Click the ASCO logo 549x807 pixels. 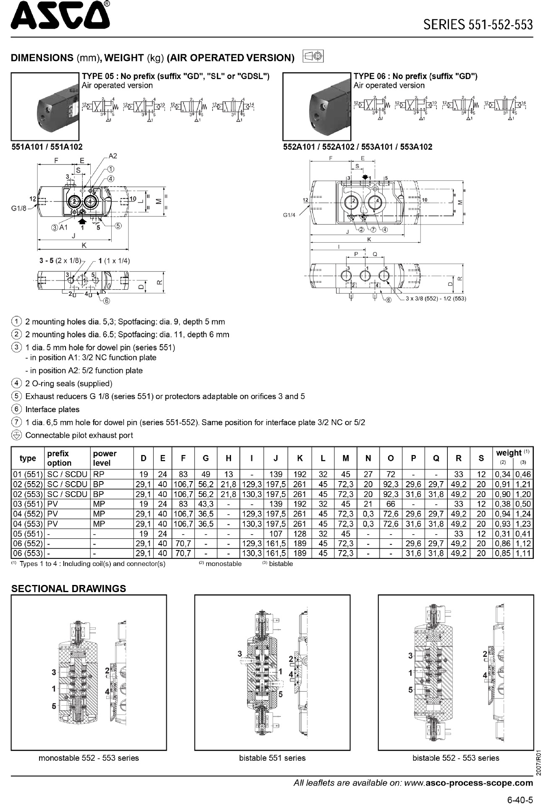(60, 17)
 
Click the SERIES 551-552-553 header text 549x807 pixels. (478, 24)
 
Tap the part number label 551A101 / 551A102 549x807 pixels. (47, 147)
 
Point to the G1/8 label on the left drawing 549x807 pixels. (18, 208)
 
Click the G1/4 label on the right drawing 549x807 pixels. (289, 215)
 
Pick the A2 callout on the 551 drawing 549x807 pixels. (113, 156)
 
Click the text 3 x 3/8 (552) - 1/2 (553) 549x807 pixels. (436, 299)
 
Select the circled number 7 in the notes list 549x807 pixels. (16, 422)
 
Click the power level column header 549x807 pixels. (105, 458)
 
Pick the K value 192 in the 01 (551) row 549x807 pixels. (299, 474)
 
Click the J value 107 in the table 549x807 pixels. (276, 534)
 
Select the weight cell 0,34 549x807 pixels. (502, 474)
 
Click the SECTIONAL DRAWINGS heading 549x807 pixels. (68, 589)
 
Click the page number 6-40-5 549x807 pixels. (520, 799)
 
